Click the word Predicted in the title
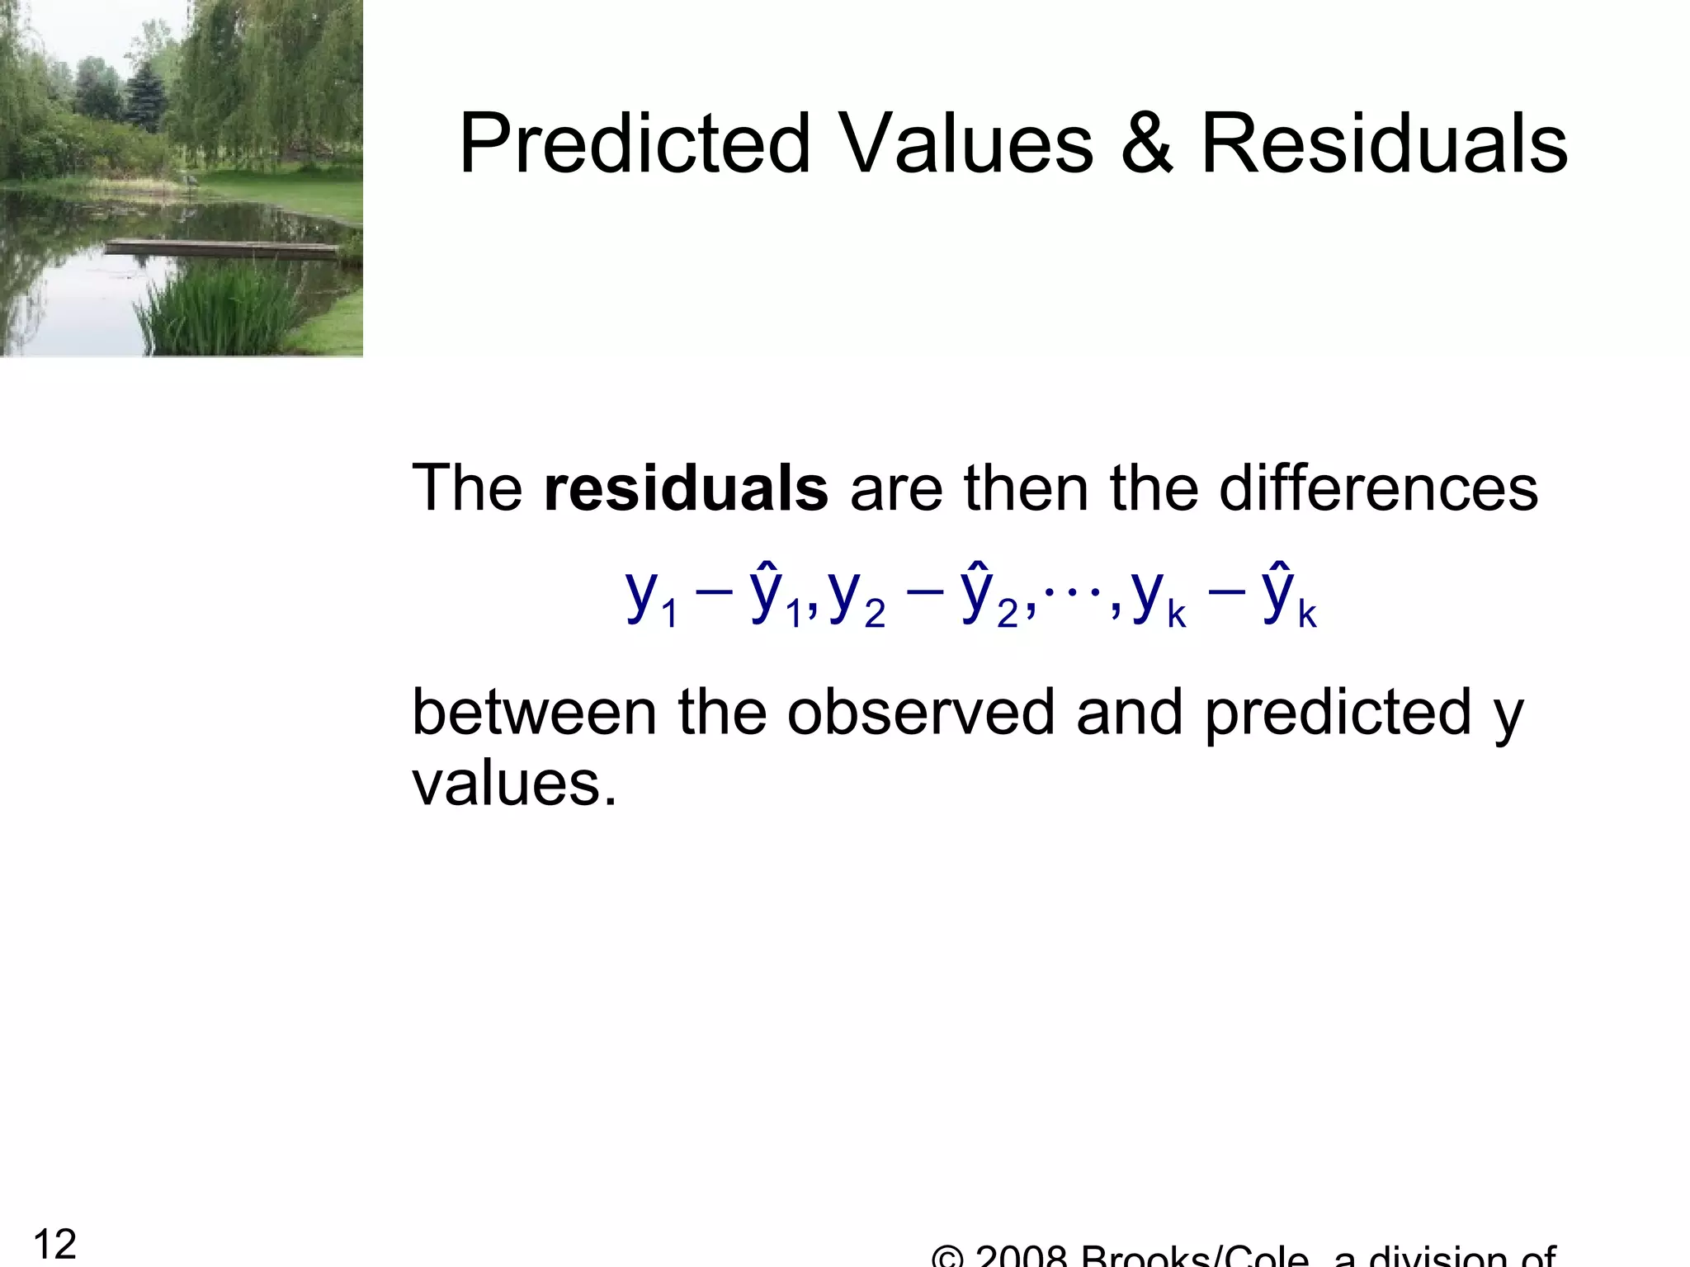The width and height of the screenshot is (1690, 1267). (635, 144)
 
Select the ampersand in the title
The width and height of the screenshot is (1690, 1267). (1146, 144)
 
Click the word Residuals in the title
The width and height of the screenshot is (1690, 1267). (1384, 144)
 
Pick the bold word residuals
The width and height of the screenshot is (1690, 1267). (686, 488)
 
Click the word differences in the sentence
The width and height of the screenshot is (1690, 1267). (1378, 488)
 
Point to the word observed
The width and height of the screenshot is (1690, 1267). (920, 712)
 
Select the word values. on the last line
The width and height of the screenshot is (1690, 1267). (514, 784)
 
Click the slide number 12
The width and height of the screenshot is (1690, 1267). (54, 1244)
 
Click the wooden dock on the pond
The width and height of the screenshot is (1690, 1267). (223, 247)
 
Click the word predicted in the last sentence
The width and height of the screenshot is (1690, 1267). (1338, 712)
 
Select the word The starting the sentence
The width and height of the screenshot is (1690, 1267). (466, 488)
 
